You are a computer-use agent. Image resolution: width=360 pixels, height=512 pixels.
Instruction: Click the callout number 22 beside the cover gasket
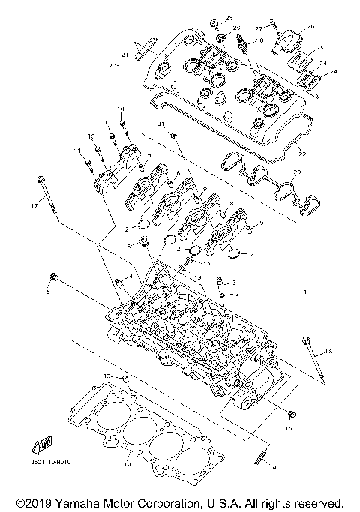302,154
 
